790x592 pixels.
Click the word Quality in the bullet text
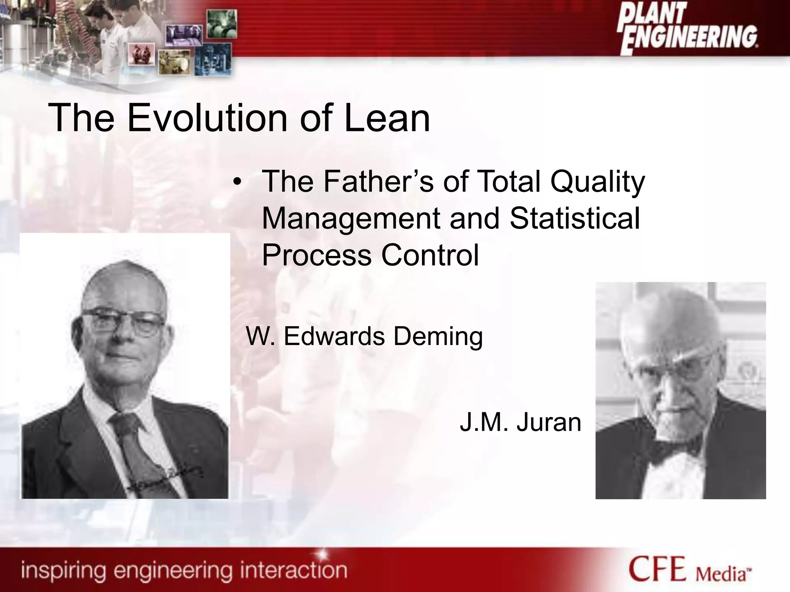pyautogui.click(x=598, y=182)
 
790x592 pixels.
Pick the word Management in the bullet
pyautogui.click(x=351, y=219)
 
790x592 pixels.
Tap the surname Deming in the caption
pyautogui.click(x=438, y=336)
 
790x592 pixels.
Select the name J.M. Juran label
pyautogui.click(x=520, y=422)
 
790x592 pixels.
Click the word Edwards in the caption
pyautogui.click(x=334, y=336)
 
